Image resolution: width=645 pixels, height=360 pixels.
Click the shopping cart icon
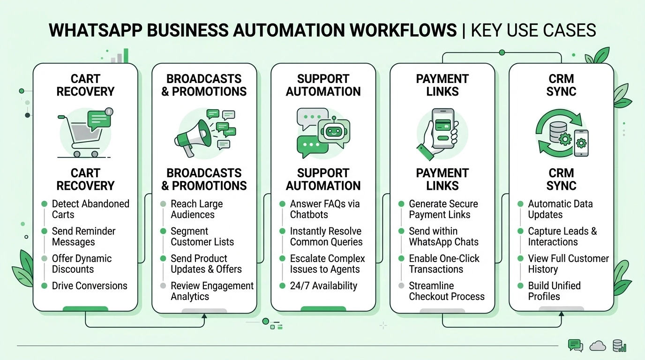coord(81,136)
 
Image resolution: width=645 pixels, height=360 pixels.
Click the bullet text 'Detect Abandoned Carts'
coord(90,209)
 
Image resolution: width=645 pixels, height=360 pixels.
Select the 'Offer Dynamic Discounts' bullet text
coord(82,263)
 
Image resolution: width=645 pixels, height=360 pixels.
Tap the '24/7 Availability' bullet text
coord(323,285)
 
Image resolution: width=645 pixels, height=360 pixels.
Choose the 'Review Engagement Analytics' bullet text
coord(212,291)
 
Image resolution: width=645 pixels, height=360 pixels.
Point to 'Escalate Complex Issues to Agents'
coord(327,263)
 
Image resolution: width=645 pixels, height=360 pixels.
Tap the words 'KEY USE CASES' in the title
coord(533,30)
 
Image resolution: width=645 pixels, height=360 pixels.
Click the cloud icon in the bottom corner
coord(598,346)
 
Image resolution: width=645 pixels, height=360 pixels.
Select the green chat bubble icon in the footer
coord(575,345)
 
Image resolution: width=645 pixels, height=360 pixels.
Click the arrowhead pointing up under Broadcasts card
coord(204,316)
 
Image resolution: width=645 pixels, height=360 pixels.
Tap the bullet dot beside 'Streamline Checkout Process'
coord(401,285)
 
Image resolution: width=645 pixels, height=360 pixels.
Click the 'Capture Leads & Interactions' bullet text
coord(562,236)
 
